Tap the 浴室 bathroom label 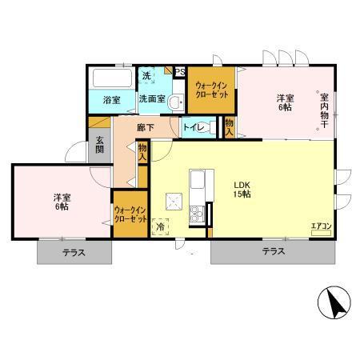[111, 99]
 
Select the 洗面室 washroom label [152, 99]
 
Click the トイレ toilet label [193, 127]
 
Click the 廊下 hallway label [145, 127]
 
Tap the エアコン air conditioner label [322, 226]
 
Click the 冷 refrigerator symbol [160, 227]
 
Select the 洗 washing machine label [146, 76]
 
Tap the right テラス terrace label [273, 252]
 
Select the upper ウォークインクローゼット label [213, 90]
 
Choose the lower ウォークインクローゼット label [130, 213]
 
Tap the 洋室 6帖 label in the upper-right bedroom [286, 102]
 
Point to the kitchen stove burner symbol [194, 213]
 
